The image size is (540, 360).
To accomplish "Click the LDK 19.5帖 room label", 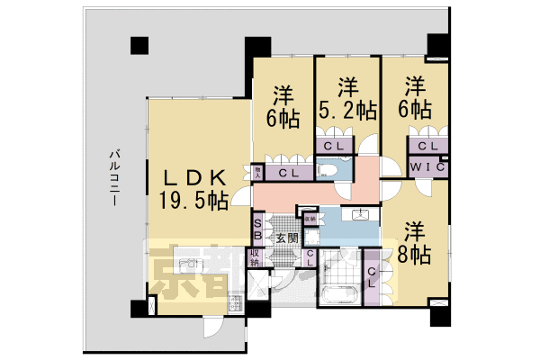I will pyautogui.click(x=193, y=188).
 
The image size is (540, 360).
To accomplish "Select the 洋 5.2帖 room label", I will pyautogui.click(x=349, y=99).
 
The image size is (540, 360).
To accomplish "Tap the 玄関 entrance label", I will pyautogui.click(x=286, y=238).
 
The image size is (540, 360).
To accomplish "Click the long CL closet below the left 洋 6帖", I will pyautogui.click(x=289, y=171).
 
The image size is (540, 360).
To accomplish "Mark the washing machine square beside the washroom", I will pyautogui.click(x=312, y=237).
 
